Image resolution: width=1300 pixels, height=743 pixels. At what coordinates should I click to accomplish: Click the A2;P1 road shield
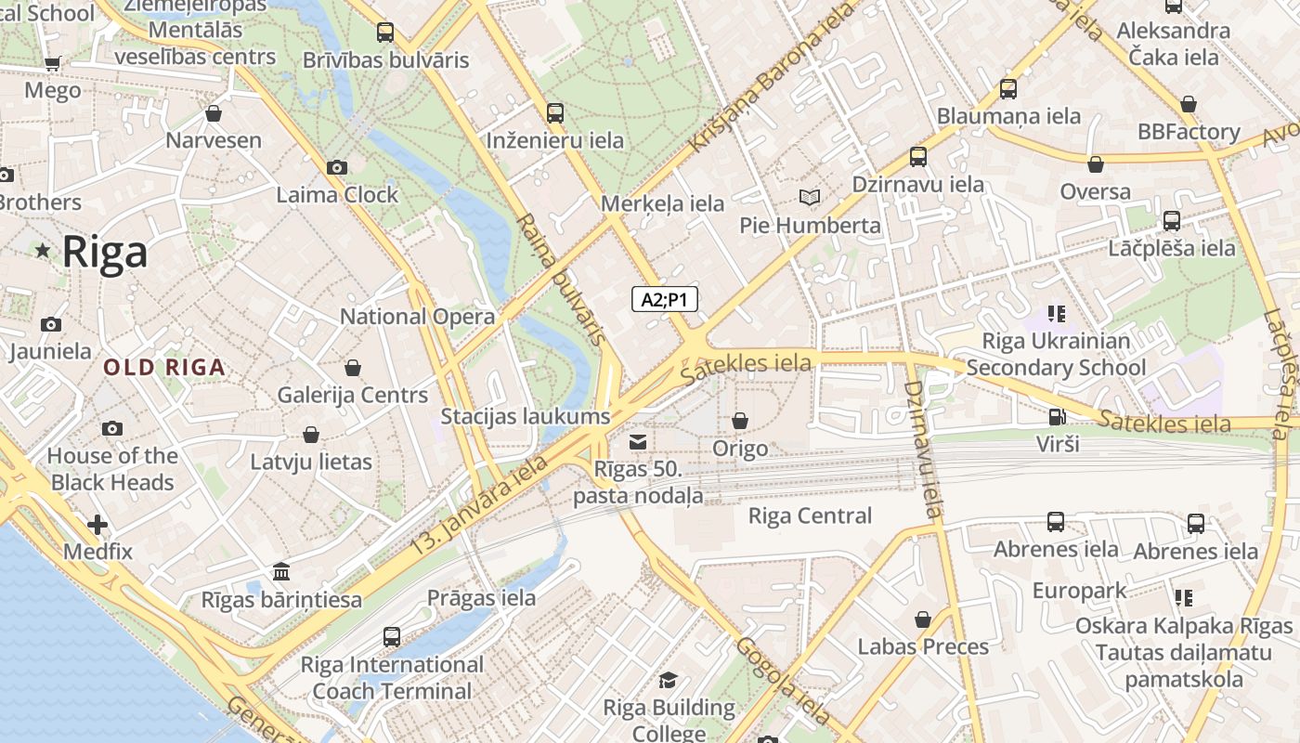click(664, 299)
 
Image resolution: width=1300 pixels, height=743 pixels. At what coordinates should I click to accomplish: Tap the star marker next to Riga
click(43, 251)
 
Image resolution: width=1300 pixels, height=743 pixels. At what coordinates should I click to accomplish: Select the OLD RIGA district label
click(164, 367)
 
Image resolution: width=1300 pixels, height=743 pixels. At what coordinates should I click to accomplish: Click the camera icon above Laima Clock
click(337, 168)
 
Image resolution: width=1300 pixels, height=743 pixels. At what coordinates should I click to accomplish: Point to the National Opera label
click(417, 317)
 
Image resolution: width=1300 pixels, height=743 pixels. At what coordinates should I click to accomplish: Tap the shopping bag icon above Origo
click(740, 422)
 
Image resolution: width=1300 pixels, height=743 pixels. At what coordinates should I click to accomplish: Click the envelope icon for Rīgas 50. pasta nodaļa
click(638, 441)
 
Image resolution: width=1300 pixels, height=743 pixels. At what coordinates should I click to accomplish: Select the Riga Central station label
click(810, 516)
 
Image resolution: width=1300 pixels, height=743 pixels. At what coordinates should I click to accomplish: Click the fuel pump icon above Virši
click(1057, 417)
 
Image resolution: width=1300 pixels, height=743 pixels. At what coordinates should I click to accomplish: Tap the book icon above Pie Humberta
click(810, 198)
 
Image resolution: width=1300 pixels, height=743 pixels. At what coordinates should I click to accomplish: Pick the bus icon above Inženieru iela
click(555, 113)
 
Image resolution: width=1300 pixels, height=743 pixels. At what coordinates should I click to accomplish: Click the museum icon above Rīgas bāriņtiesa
click(281, 571)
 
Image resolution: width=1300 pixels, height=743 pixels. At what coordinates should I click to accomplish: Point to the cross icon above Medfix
click(97, 525)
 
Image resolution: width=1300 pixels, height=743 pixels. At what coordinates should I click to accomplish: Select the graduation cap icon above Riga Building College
click(669, 681)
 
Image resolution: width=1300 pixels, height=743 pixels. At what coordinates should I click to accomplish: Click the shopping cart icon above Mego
click(52, 64)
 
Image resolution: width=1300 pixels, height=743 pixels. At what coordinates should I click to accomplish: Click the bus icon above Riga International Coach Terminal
click(392, 637)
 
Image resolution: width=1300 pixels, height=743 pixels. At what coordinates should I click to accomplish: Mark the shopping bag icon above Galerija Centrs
click(353, 368)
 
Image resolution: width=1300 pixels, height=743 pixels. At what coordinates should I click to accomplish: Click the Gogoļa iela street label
click(783, 680)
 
